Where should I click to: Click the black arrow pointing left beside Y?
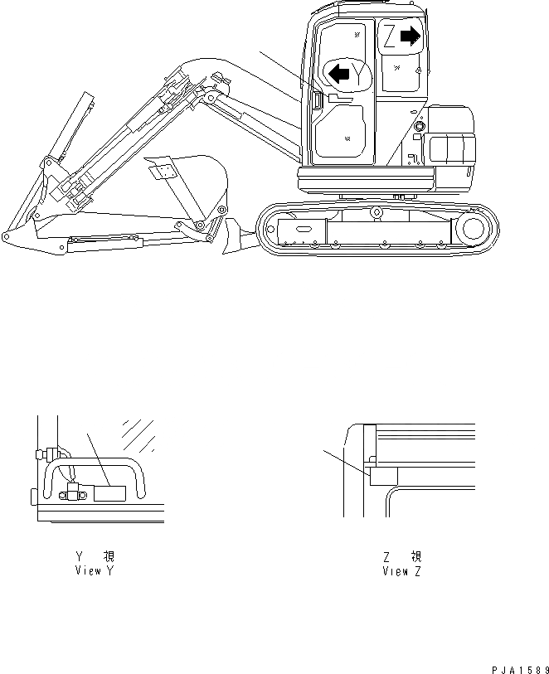338,74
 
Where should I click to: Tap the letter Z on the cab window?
388,36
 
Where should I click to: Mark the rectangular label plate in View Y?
109,494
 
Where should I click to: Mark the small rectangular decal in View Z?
384,475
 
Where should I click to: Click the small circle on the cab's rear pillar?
418,126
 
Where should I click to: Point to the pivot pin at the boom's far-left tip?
7,237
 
